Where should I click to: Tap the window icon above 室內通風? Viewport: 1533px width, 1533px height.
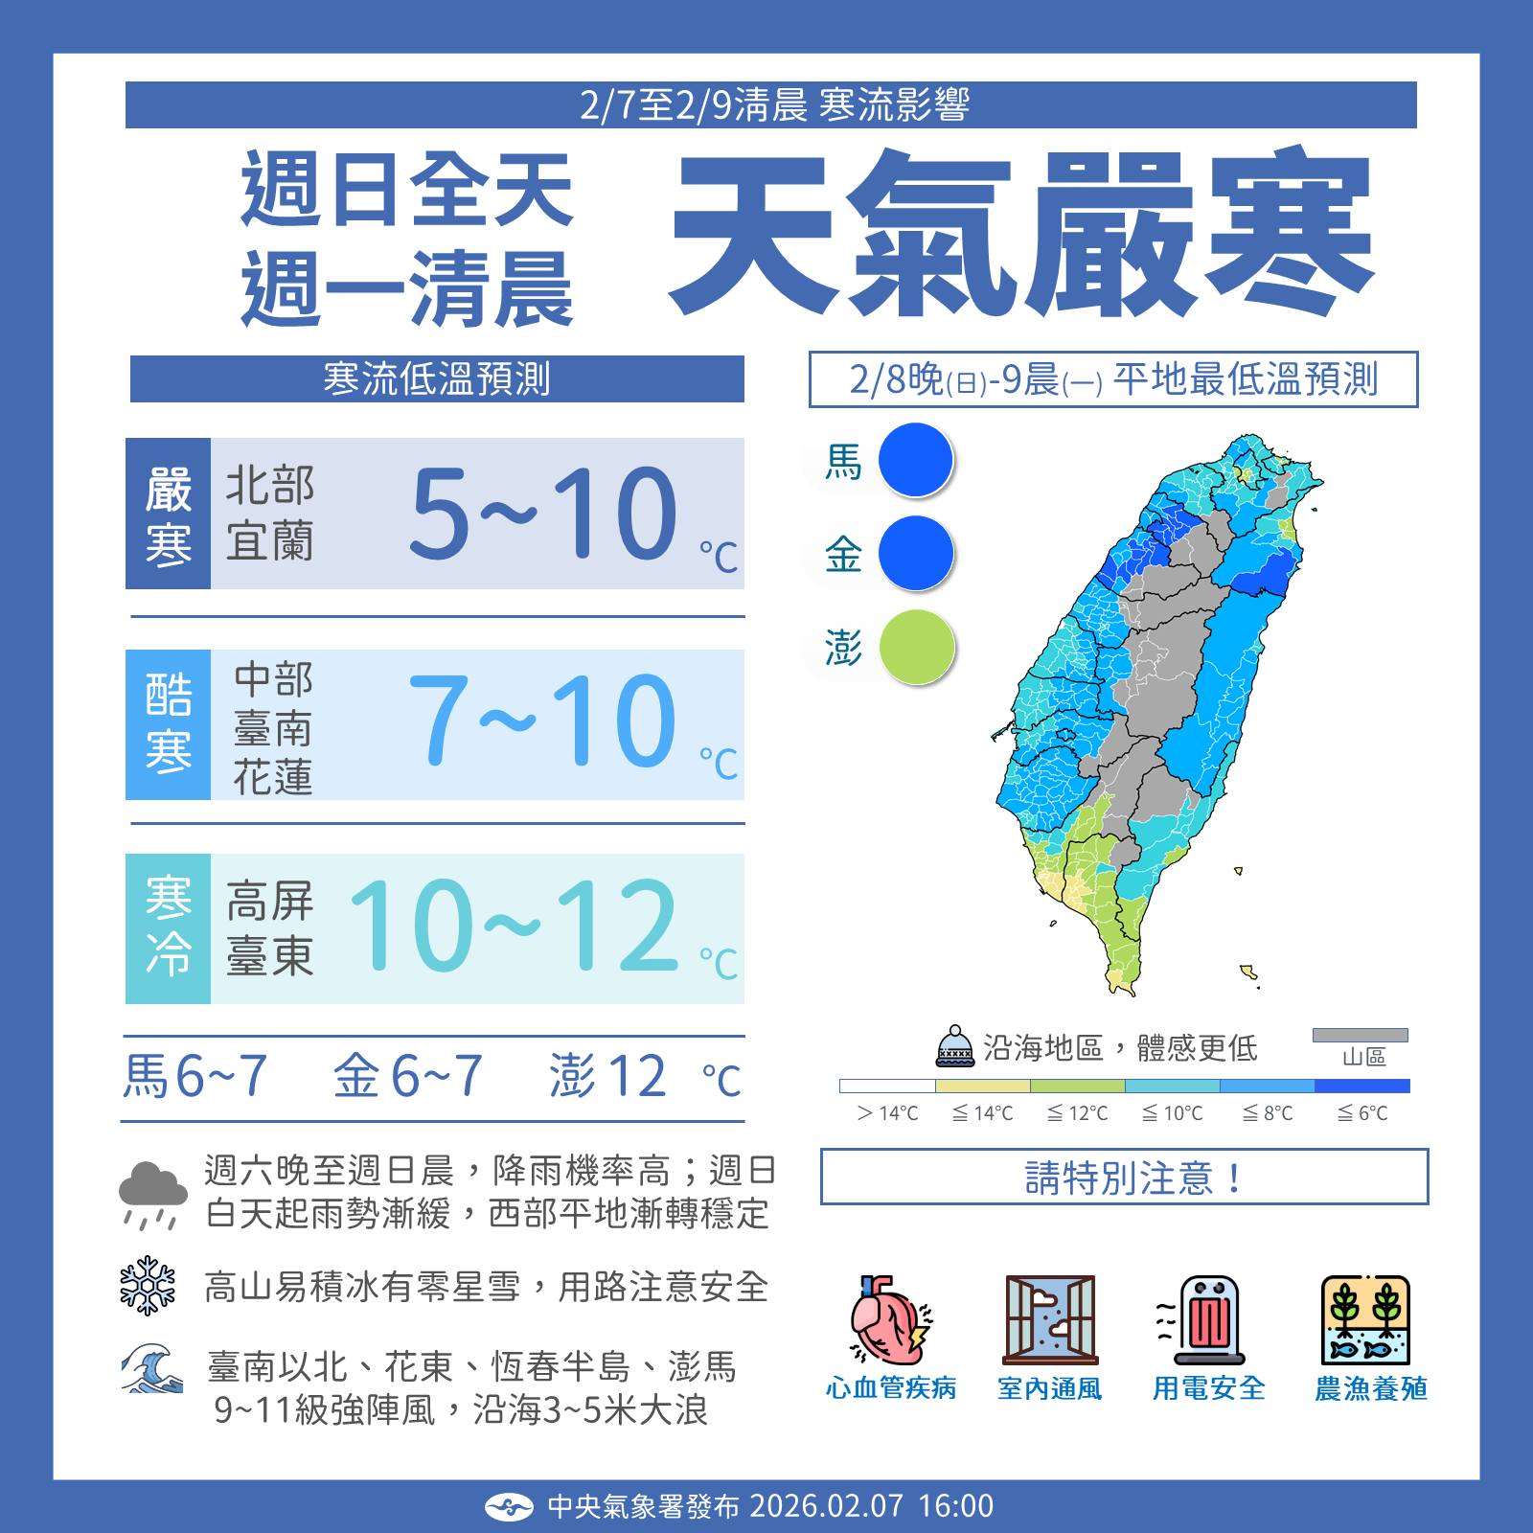[x=1049, y=1319]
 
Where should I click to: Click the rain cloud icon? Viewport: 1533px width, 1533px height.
[x=152, y=1192]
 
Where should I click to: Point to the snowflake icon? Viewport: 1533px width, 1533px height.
[x=148, y=1285]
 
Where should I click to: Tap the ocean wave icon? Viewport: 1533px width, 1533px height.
[x=151, y=1369]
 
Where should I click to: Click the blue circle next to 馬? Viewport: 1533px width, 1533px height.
[x=916, y=461]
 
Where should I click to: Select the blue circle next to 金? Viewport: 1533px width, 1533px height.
[x=916, y=554]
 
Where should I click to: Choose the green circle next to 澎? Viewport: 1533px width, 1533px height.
[x=916, y=648]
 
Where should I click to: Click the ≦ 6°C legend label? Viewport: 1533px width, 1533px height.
[x=1361, y=1113]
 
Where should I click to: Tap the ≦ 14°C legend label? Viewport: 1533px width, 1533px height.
[x=982, y=1113]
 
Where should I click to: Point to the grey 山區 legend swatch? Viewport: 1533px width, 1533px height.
[x=1360, y=1035]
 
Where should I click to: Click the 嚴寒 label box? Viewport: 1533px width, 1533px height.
[x=168, y=515]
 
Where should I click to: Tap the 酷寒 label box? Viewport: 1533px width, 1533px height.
[x=168, y=724]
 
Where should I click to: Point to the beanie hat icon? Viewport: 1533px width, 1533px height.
[x=954, y=1047]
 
